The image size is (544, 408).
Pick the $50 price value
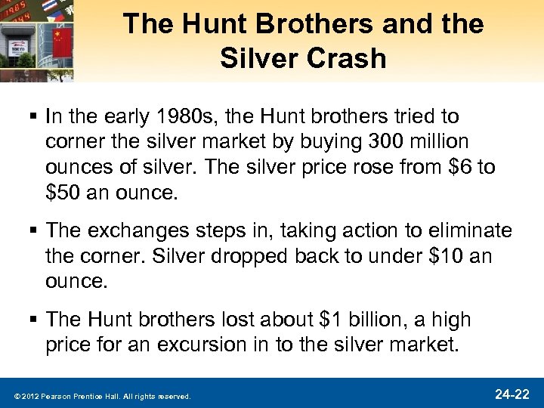click(x=63, y=192)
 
